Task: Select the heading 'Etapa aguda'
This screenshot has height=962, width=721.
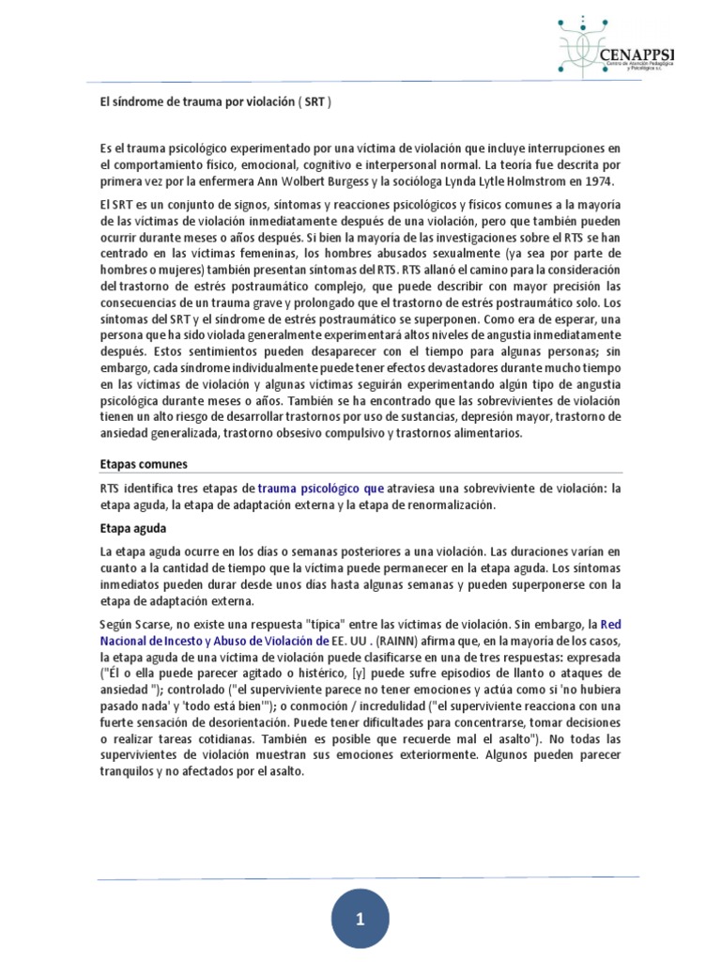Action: (133, 528)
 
